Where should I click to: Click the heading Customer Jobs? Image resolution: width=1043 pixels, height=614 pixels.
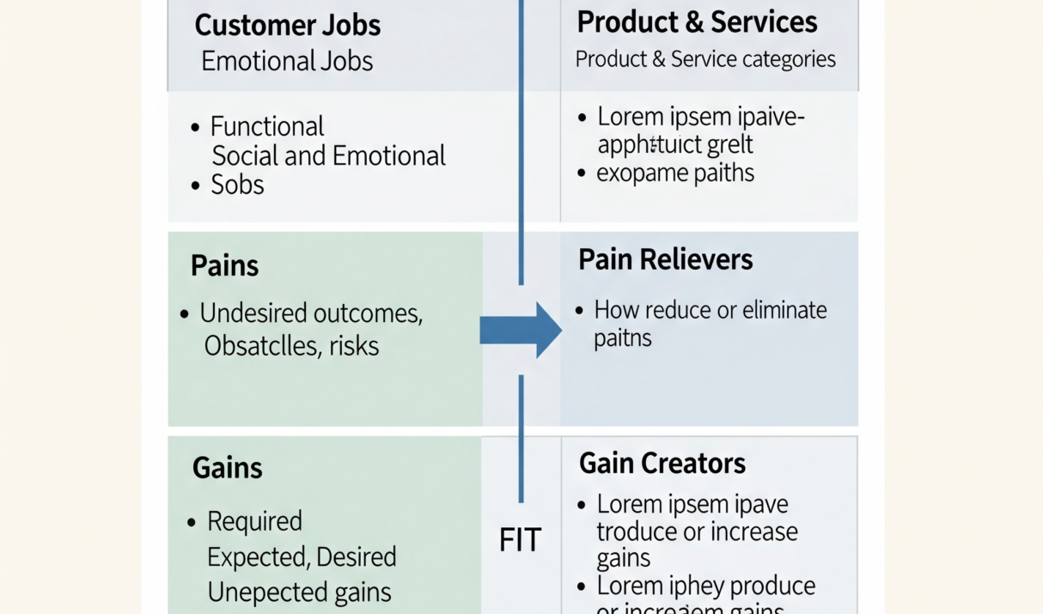pos(287,25)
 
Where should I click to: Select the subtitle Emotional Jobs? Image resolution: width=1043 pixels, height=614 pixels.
pos(287,61)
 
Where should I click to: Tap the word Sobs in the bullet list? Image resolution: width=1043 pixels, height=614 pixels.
pos(238,185)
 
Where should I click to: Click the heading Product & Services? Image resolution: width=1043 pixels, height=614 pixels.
pos(697,22)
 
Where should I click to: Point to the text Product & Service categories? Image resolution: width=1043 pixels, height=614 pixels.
pos(705,59)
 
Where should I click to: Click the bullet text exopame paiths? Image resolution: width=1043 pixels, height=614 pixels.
pos(675,173)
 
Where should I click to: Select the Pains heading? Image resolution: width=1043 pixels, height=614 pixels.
pos(224,265)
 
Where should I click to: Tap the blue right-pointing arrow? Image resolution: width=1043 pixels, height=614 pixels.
pos(521,330)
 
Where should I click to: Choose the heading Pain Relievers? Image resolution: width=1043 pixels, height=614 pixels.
pos(666,259)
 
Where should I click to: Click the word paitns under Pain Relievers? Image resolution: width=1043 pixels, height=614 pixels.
pos(623,337)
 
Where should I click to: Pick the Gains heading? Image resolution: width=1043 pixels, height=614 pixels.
pos(227,468)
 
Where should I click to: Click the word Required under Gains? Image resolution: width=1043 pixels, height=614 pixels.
pos(254,521)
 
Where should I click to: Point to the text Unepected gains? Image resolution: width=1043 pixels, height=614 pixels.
pos(299,592)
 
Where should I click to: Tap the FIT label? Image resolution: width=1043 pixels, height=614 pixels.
pos(521,540)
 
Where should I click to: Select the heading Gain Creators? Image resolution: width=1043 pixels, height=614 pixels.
pos(662,464)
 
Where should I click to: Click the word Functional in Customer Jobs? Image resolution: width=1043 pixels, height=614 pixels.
pos(267,127)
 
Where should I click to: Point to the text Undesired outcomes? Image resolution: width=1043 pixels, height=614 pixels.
pos(311,313)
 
